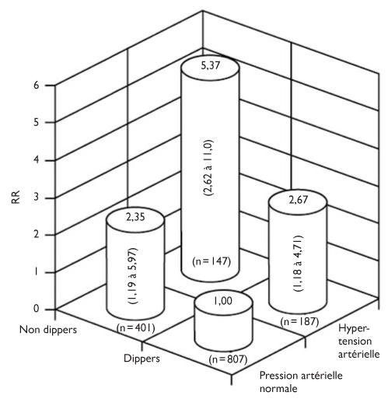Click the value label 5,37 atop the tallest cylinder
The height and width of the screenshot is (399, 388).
tap(210, 65)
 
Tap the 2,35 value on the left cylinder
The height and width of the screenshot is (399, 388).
tap(135, 217)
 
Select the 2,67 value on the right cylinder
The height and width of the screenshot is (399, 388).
tap(299, 200)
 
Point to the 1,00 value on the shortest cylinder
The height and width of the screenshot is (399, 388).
tap(223, 301)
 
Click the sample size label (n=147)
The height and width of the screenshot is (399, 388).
tap(211, 261)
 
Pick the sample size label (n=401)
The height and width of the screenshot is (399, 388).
tap(136, 328)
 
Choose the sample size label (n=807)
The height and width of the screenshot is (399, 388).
tap(228, 359)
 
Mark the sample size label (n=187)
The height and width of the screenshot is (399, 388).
tap(299, 322)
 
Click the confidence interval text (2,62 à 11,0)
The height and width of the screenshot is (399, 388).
tap(208, 168)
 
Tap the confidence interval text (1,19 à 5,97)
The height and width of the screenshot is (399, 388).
tap(133, 276)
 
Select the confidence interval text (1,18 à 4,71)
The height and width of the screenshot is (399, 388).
tap(298, 263)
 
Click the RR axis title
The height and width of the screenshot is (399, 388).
tap(16, 198)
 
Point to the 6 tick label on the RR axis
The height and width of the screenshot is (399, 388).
tap(37, 85)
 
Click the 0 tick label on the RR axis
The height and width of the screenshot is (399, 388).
tap(37, 309)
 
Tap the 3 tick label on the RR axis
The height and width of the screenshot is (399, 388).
tap(37, 198)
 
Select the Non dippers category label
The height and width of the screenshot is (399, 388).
tap(48, 330)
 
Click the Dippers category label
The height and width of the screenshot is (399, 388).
tap(142, 359)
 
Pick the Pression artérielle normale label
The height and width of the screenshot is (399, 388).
tap(301, 382)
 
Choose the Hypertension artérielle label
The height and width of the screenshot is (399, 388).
tap(358, 341)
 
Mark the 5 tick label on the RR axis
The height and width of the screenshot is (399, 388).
tap(37, 122)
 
